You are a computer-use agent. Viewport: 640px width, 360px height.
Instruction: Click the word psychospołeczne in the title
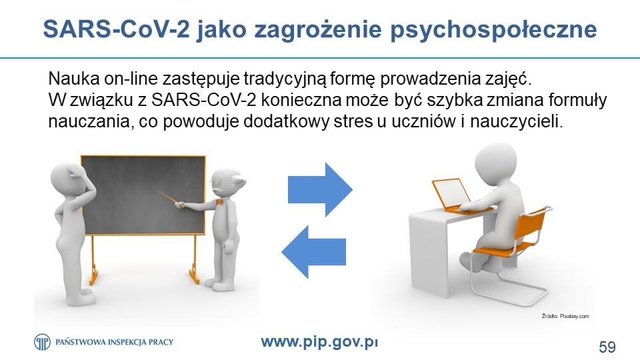tap(493, 29)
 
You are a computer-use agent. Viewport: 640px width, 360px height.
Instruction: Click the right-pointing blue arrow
tap(320, 189)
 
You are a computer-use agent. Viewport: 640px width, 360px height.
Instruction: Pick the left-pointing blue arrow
tap(313, 251)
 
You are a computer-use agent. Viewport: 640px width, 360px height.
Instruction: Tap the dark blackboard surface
tap(143, 195)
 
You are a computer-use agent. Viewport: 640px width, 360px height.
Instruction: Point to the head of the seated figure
tap(495, 161)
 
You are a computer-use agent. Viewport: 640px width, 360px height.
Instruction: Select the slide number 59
tap(607, 347)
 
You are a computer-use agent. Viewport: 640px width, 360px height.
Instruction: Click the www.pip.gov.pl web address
tap(319, 341)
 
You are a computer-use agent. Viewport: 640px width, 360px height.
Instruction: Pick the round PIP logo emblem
tap(42, 342)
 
